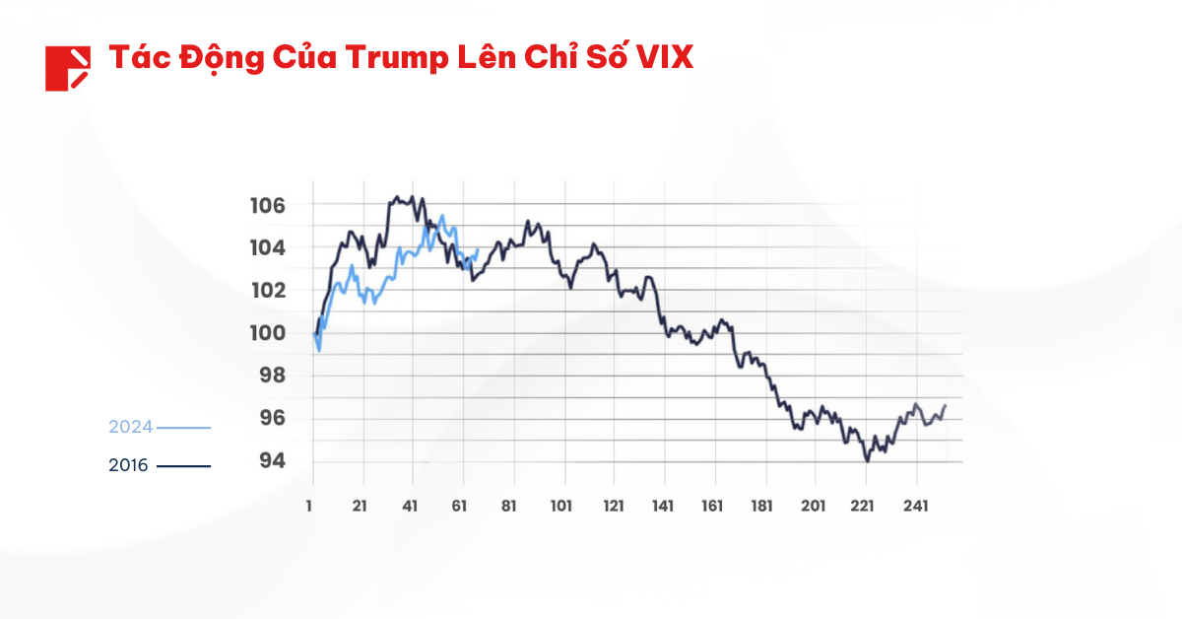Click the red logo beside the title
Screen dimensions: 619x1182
pos(67,68)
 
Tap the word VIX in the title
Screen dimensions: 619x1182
pos(664,57)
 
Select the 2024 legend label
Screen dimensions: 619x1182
pos(130,428)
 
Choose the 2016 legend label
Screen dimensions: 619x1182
pos(128,465)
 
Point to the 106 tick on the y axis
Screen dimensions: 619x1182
pos(267,205)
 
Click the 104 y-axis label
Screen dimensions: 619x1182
pos(267,247)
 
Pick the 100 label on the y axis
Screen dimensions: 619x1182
pos(267,333)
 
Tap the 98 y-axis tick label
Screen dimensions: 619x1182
pos(272,376)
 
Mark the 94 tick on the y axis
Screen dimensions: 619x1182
pos(272,461)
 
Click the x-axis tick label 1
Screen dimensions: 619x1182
pos(310,506)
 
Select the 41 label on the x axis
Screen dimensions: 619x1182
pos(410,506)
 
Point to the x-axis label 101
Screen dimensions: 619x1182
pos(562,506)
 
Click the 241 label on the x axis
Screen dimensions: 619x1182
pos(916,506)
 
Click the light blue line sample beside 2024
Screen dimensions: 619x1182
pos(184,428)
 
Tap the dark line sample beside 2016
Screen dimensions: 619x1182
pos(184,465)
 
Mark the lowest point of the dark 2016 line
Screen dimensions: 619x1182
pos(867,460)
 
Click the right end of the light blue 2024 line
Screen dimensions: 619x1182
pos(478,249)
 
